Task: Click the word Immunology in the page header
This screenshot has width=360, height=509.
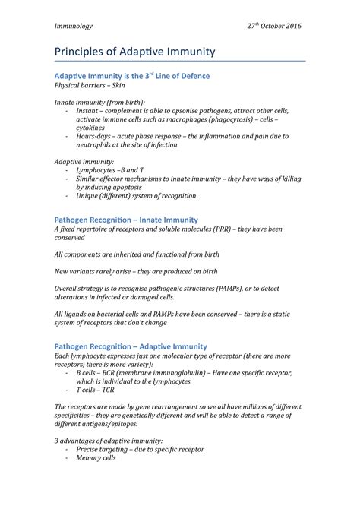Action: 73,25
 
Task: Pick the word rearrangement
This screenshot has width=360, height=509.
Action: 181,408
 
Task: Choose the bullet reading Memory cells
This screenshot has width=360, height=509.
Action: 96,459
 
